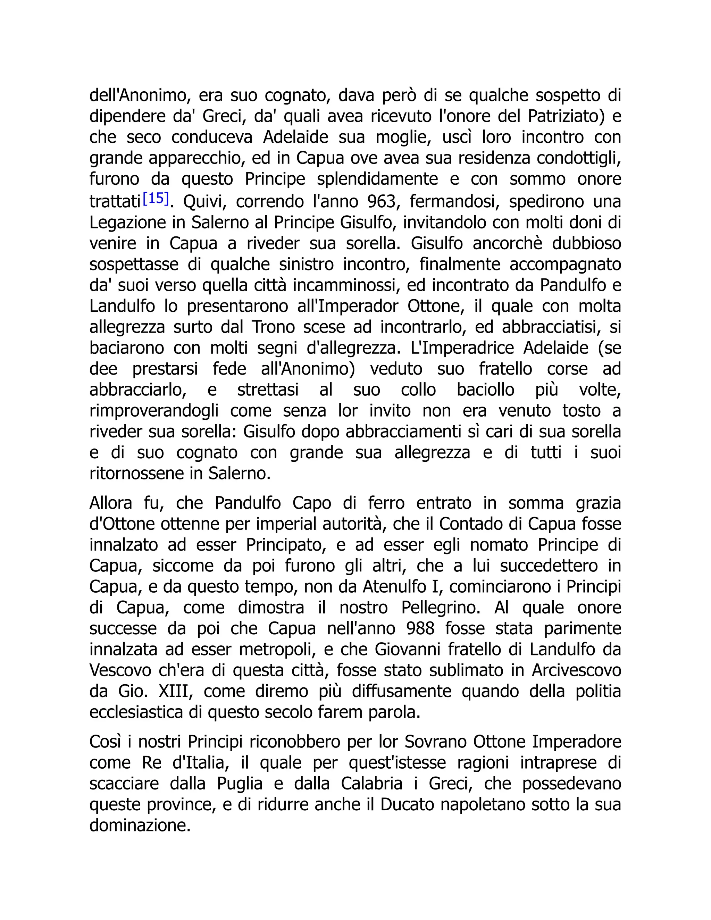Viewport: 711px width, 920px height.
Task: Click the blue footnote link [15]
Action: click(x=156, y=198)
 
